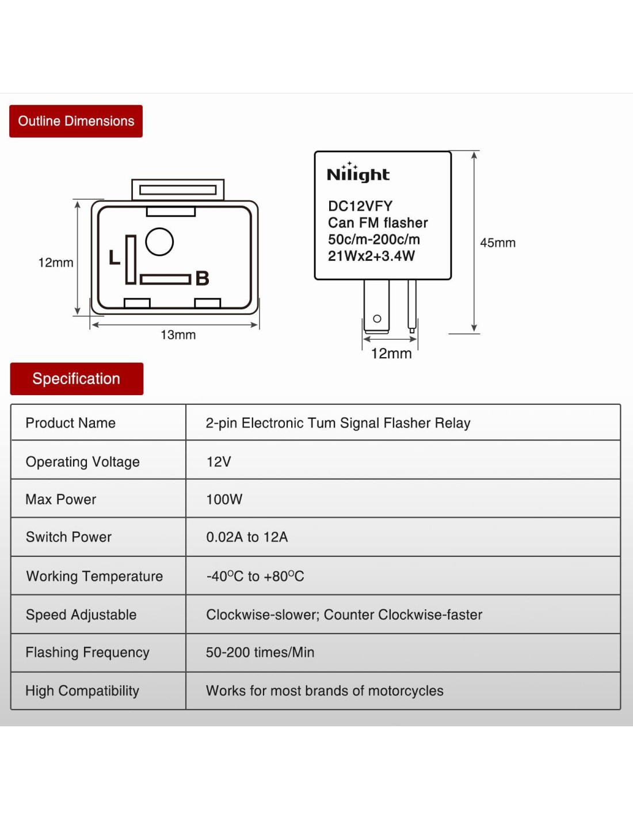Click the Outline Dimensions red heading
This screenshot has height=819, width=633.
[x=76, y=121]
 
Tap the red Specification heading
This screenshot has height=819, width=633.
[x=77, y=378]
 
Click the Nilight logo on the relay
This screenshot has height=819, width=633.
[x=358, y=173]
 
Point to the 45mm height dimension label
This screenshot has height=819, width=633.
[x=498, y=243]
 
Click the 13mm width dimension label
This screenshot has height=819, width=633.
[x=178, y=335]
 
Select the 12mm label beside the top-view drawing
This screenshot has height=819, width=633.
[x=56, y=263]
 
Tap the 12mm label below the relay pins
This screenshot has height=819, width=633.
[x=391, y=354]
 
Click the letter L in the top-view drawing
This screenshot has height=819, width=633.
[x=115, y=257]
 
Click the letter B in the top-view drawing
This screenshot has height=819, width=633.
[x=202, y=278]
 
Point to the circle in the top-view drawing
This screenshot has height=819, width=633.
[x=159, y=242]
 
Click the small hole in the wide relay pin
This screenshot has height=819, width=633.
[x=377, y=318]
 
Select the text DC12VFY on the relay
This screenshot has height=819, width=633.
[x=360, y=206]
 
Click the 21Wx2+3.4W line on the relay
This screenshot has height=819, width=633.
[x=371, y=256]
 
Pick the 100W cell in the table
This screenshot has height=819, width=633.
[x=224, y=499]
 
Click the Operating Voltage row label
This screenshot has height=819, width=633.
[x=83, y=462]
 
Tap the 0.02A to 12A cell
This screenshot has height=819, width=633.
[x=247, y=537]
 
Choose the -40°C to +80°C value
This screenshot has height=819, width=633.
[x=255, y=577]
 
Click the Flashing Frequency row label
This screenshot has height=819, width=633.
[x=87, y=653]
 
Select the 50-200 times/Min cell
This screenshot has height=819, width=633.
[x=260, y=653]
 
